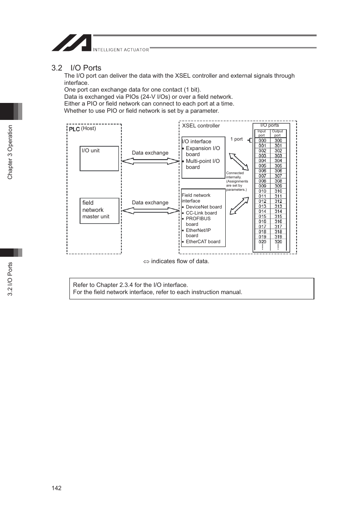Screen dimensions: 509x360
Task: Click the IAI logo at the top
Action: [x=72, y=43]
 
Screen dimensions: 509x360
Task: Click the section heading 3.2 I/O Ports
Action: [x=76, y=68]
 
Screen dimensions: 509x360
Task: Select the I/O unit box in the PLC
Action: [x=99, y=158]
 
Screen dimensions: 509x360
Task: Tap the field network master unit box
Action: [x=99, y=211]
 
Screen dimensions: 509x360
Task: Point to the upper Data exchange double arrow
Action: [x=150, y=161]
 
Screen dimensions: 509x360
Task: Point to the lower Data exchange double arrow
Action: [x=150, y=211]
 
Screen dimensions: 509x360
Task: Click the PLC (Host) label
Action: [x=82, y=129]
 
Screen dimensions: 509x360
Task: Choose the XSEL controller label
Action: [x=201, y=126]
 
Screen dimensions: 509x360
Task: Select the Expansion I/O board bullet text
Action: [x=203, y=151]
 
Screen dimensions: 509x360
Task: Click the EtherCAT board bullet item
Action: [x=203, y=242]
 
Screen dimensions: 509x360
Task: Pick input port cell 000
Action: [x=262, y=141]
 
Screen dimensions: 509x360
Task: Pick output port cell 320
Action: [x=278, y=242]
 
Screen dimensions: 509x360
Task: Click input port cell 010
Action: [x=262, y=191]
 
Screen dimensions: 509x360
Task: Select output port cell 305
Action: [x=278, y=166]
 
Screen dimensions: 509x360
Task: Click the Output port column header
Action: [x=277, y=133]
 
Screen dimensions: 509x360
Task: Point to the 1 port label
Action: [x=237, y=139]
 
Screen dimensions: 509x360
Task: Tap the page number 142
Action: [x=57, y=488]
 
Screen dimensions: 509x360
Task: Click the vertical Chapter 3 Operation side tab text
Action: [x=10, y=152]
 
